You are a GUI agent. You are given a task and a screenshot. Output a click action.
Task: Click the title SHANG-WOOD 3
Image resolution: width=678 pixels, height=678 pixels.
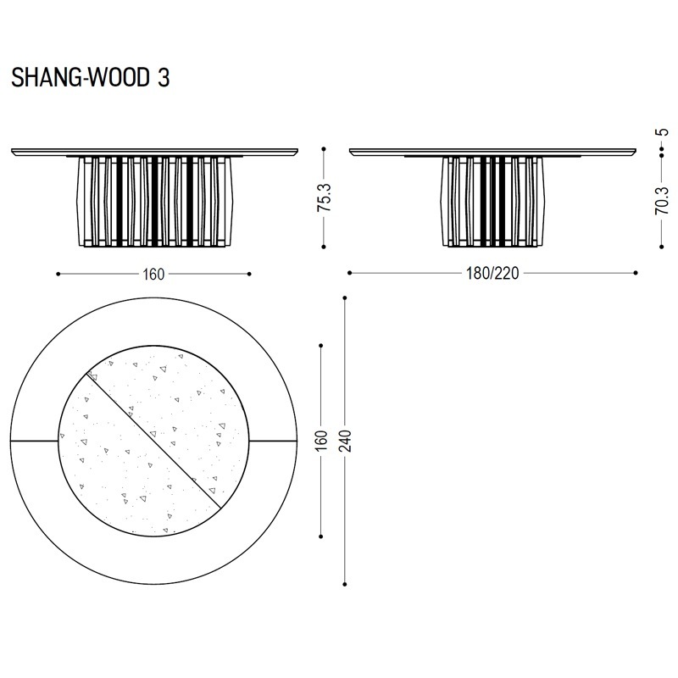pyautogui.click(x=91, y=78)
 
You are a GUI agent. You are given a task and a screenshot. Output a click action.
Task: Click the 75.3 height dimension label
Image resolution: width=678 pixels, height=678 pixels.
pyautogui.click(x=325, y=197)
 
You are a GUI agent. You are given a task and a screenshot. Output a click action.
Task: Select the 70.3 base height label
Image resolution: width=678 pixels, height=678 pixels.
pyautogui.click(x=662, y=200)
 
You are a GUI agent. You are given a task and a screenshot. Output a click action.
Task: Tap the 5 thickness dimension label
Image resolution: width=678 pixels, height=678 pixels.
pyautogui.click(x=662, y=132)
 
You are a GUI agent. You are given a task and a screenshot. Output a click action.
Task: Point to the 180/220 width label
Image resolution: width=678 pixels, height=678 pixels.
pyautogui.click(x=492, y=273)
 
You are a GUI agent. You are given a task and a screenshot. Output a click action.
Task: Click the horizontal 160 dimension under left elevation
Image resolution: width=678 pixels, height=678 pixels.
pyautogui.click(x=153, y=274)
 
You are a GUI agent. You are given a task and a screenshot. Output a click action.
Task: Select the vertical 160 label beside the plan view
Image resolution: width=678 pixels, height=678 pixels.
pyautogui.click(x=321, y=441)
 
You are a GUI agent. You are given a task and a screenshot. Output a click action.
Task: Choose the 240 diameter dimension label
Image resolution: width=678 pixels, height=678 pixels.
pyautogui.click(x=345, y=441)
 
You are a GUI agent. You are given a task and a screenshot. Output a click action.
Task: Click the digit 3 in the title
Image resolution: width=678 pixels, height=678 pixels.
pyautogui.click(x=164, y=78)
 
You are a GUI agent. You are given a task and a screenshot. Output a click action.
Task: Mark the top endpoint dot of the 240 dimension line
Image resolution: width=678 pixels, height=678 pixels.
pyautogui.click(x=345, y=298)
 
